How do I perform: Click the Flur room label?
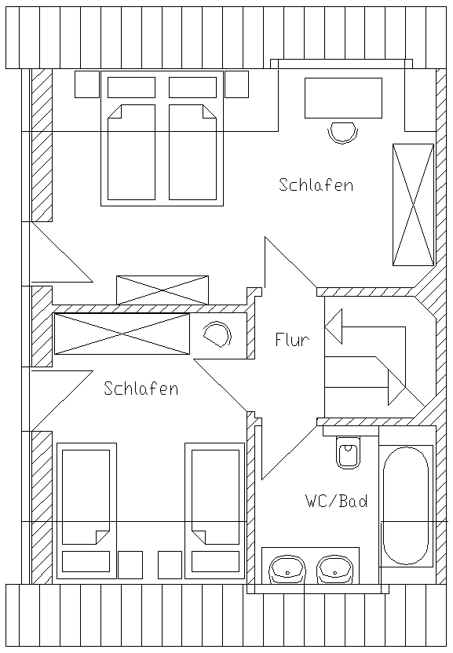pyautogui.click(x=292, y=340)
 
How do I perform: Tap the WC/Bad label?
pyautogui.click(x=337, y=501)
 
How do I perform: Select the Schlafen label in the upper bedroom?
pyautogui.click(x=316, y=184)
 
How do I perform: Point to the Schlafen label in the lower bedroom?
pyautogui.click(x=141, y=389)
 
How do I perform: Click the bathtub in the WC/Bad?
pyautogui.click(x=405, y=506)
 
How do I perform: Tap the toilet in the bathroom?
pyautogui.click(x=349, y=452)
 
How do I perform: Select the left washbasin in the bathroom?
pyautogui.click(x=287, y=569)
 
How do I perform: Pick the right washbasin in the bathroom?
pyautogui.click(x=335, y=569)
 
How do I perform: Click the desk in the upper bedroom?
pyautogui.click(x=343, y=98)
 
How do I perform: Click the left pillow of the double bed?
pyautogui.click(x=131, y=87)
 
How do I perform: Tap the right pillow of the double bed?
pyautogui.click(x=192, y=87)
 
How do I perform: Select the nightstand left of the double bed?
pyautogui.click(x=87, y=84)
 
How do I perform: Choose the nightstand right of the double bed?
pyautogui.click(x=237, y=84)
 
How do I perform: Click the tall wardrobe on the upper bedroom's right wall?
pyautogui.click(x=413, y=205)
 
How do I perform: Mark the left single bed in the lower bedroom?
pyautogui.click(x=86, y=511)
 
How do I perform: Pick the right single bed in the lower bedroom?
pyautogui.click(x=215, y=511)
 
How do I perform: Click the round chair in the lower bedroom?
pyautogui.click(x=217, y=334)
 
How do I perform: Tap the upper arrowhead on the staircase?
pyautogui.click(x=334, y=326)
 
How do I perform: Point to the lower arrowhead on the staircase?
pyautogui.click(x=396, y=388)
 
